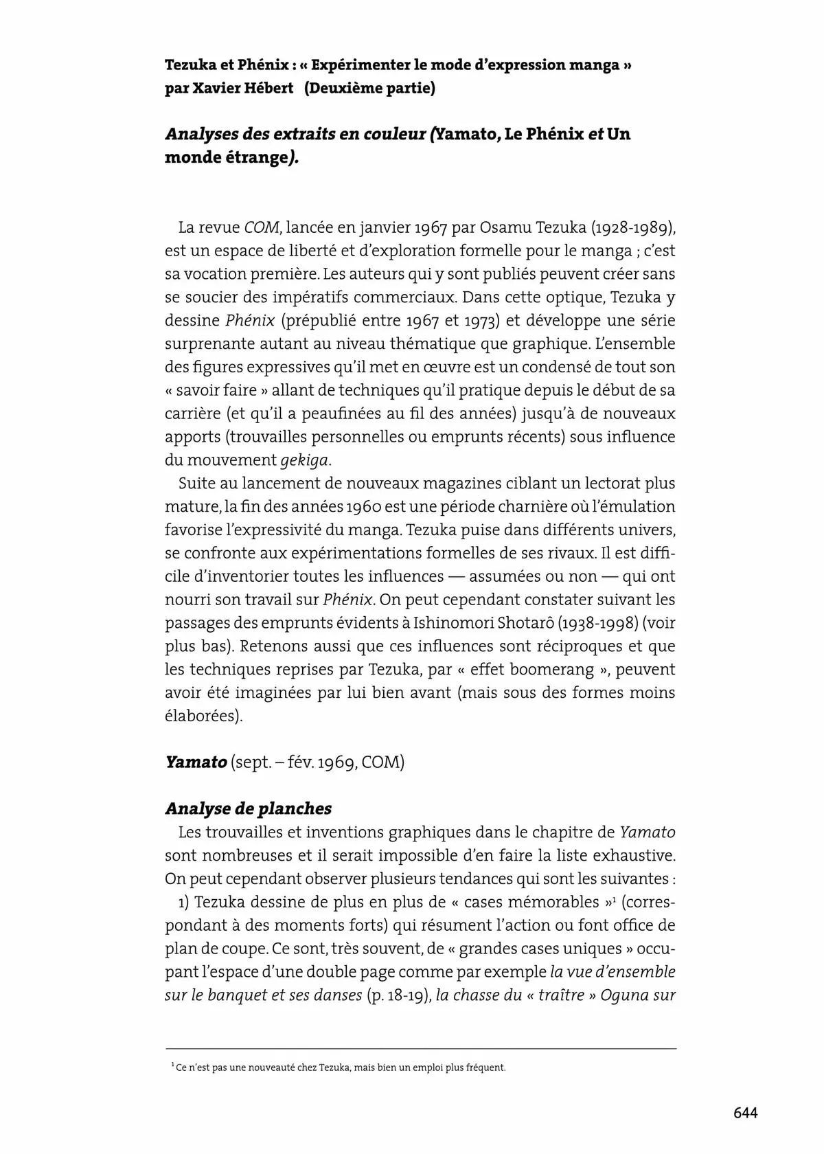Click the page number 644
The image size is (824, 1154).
[x=746, y=1113]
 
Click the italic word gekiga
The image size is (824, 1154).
[x=301, y=460]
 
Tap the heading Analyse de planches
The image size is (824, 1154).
[x=248, y=808]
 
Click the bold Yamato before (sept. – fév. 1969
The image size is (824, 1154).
[x=196, y=762]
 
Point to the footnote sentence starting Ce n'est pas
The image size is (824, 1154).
[x=341, y=1068]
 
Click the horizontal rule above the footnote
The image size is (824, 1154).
[x=420, y=1049]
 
